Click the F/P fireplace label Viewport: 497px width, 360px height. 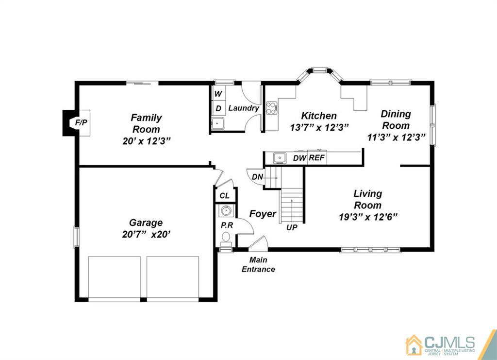click(x=81, y=122)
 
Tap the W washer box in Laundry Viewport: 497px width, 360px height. click(x=218, y=93)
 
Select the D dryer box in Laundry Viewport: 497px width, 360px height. click(x=218, y=108)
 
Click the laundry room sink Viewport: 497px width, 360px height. click(x=218, y=123)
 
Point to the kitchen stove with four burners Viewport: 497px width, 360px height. click(x=271, y=108)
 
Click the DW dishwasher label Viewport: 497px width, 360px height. click(x=299, y=158)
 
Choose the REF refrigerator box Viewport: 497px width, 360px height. click(x=316, y=157)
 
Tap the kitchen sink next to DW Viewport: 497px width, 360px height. click(x=280, y=157)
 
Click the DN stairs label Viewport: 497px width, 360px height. click(x=257, y=177)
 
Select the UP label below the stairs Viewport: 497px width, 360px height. click(x=292, y=227)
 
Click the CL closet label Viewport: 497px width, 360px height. click(x=224, y=196)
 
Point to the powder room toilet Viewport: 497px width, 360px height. click(x=226, y=239)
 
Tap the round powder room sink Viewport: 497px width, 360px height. click(x=226, y=211)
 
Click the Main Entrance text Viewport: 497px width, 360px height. click(x=258, y=264)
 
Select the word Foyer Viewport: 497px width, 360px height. click(x=263, y=214)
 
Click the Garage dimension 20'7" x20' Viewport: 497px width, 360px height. click(x=146, y=234)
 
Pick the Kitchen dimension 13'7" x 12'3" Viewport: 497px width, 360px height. click(x=319, y=127)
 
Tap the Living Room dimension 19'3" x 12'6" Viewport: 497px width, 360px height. click(x=368, y=217)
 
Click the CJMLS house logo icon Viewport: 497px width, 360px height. click(x=414, y=345)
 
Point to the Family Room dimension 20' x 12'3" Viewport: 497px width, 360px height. click(x=147, y=141)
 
